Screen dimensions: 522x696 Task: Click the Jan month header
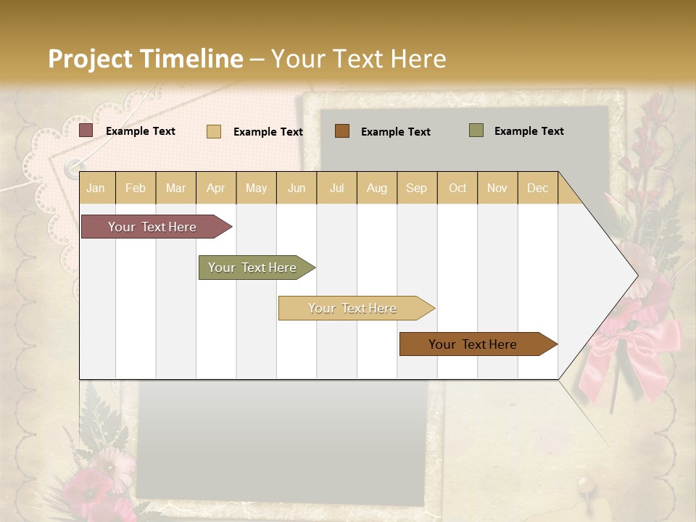click(96, 188)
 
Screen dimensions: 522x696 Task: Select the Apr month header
click(215, 188)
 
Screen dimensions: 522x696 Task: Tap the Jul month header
click(336, 188)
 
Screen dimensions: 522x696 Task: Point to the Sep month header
click(416, 188)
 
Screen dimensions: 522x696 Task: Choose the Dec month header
click(537, 188)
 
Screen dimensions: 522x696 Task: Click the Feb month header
click(136, 188)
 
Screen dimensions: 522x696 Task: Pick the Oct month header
click(457, 188)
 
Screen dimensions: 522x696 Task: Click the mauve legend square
click(86, 130)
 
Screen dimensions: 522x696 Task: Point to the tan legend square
click(213, 131)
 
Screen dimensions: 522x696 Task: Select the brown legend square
click(341, 131)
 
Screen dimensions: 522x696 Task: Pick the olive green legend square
click(476, 130)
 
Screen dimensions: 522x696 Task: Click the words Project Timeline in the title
click(145, 59)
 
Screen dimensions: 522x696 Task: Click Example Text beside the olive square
click(529, 131)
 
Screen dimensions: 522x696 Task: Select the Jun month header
click(296, 188)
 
